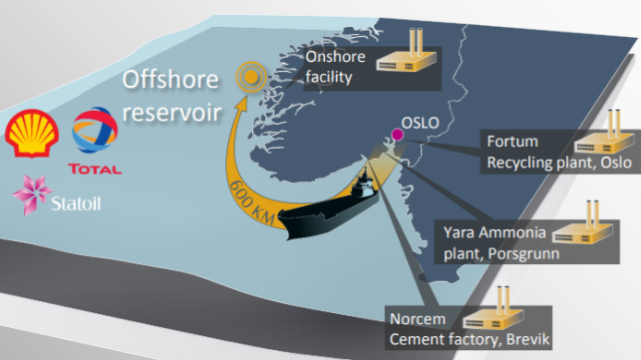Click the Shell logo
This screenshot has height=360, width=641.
(32, 134)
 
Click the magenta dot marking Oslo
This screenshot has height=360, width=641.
(397, 134)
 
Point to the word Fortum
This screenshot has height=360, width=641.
(507, 141)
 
